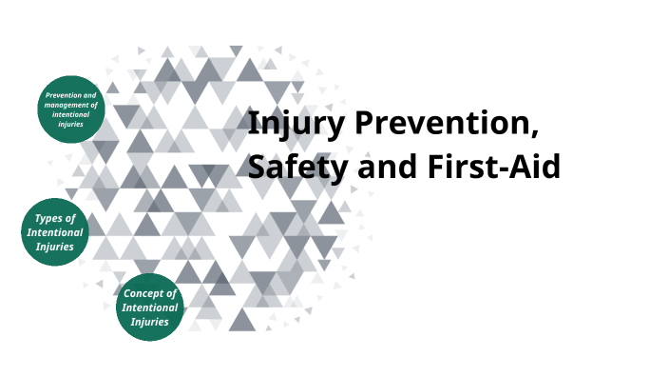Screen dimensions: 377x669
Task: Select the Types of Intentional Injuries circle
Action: click(54, 232)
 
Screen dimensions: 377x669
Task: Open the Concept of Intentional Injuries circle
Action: click(150, 308)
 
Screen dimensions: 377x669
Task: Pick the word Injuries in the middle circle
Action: click(54, 247)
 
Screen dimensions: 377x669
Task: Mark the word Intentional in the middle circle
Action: click(54, 232)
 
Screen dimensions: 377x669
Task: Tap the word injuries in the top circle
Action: click(71, 124)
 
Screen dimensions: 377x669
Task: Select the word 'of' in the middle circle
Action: click(68, 218)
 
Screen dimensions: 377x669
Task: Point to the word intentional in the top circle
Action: click(71, 114)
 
